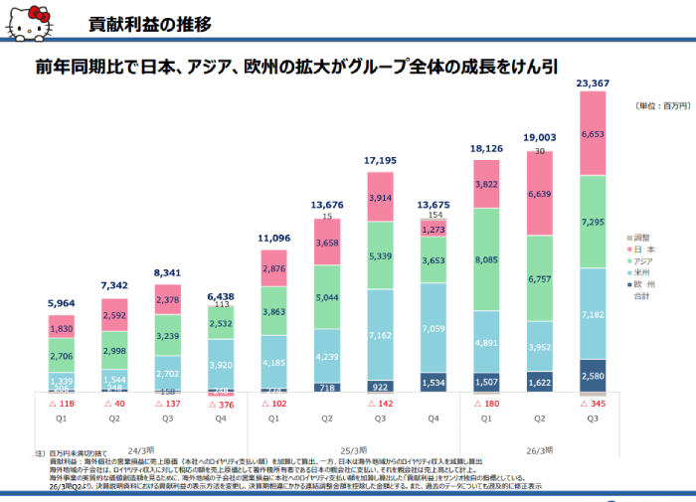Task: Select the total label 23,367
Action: tap(593, 84)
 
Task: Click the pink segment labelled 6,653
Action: tap(593, 133)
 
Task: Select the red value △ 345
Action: tap(593, 405)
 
